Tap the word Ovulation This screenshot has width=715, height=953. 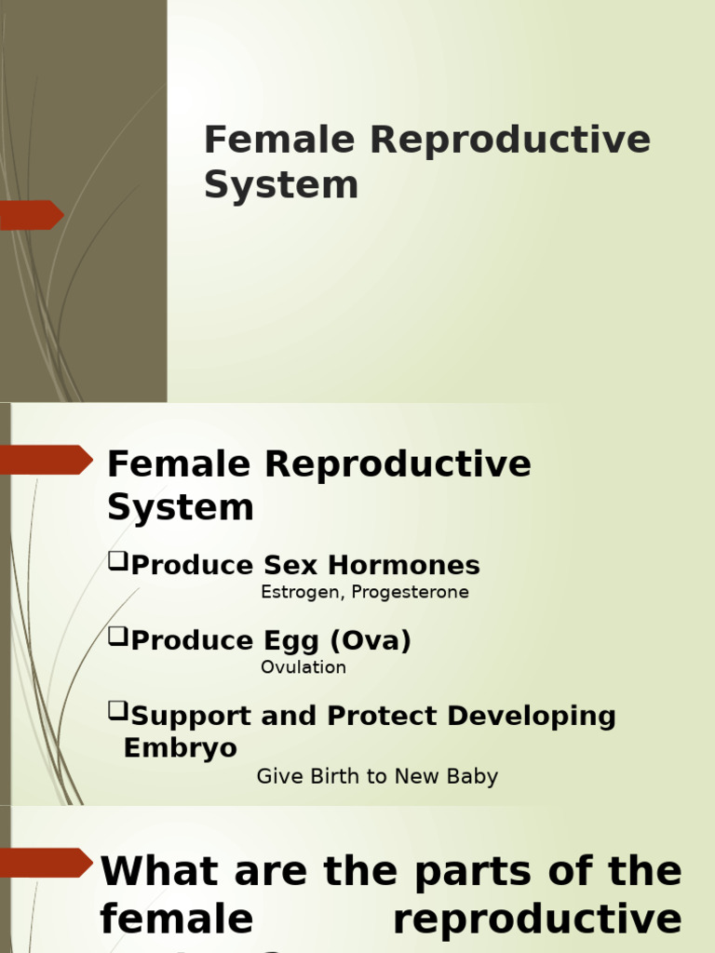click(304, 667)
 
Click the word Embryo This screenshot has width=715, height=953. click(181, 748)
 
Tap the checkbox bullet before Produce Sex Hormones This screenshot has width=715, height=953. click(117, 561)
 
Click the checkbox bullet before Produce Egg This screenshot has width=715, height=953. click(117, 637)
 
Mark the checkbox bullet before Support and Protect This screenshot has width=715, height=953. click(117, 712)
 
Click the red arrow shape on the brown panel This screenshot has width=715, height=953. click(32, 215)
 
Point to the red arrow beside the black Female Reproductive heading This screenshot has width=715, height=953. click(47, 460)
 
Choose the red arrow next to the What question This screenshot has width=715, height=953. click(47, 862)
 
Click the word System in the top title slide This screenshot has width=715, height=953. click(281, 184)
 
